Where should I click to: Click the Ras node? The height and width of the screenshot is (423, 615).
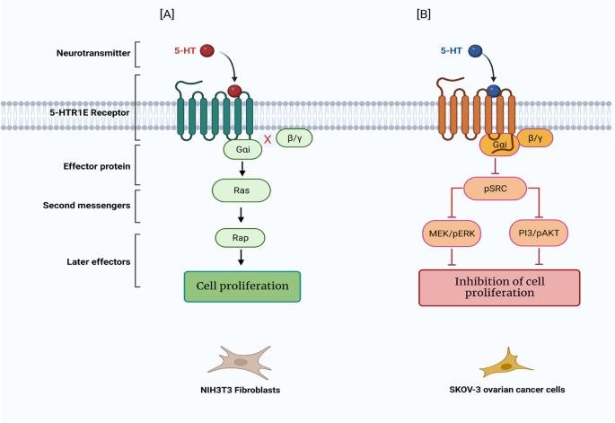242,190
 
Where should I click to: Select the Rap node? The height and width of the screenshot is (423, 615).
240,238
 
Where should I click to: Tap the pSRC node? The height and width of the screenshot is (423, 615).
495,189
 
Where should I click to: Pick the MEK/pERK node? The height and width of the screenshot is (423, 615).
452,234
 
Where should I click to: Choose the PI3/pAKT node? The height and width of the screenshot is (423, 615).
539,234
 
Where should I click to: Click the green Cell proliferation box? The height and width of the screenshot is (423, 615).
242,286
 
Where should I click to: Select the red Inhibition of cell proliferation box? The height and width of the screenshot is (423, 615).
499,287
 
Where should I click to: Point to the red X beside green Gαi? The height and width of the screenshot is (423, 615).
268,139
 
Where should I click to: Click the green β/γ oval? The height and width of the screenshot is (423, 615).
294,138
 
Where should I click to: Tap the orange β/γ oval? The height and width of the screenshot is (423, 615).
535,138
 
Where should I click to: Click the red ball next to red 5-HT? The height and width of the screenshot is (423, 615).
207,50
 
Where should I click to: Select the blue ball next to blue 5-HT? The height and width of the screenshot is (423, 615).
475,51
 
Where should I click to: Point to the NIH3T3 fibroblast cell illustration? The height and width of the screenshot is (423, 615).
240,362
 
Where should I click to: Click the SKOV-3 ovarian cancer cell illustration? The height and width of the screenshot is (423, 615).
506,363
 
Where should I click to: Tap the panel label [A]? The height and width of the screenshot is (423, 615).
167,14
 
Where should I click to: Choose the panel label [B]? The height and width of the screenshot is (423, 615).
424,14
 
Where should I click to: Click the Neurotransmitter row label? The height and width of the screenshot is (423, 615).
93,53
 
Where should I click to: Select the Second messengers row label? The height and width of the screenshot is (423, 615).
87,206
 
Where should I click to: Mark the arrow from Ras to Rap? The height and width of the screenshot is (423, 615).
241,215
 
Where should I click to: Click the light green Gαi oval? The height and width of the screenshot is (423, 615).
242,149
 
